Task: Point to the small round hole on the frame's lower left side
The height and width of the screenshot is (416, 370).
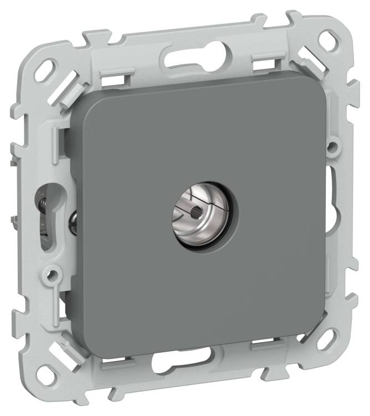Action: pyautogui.click(x=53, y=273)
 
